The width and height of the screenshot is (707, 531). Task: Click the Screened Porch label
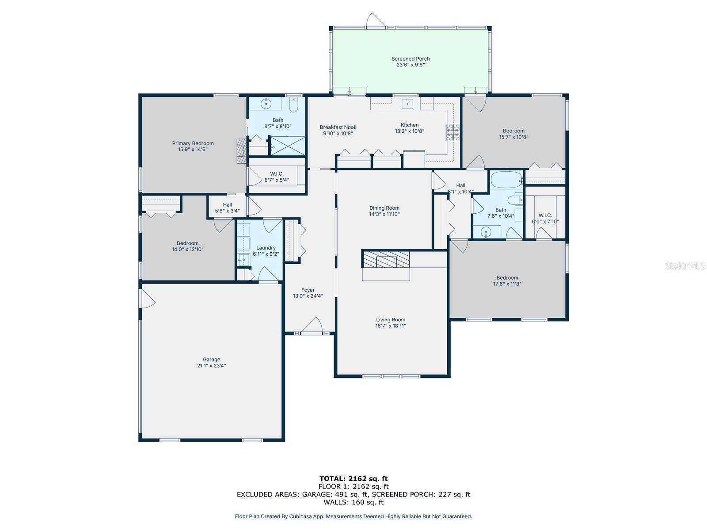(x=411, y=59)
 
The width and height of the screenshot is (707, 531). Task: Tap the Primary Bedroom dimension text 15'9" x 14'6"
(x=193, y=149)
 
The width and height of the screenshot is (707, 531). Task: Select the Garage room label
(x=212, y=359)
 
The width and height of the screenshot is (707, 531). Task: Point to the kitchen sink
(x=407, y=104)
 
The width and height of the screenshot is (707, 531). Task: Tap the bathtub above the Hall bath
(x=506, y=180)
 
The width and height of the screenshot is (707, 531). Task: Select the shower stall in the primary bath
(x=287, y=146)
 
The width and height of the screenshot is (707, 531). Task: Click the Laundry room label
(x=266, y=248)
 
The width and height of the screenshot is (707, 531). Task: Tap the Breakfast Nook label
(x=338, y=127)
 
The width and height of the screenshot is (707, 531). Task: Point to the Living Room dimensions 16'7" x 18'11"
(x=390, y=326)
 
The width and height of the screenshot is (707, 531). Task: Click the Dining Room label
(x=384, y=208)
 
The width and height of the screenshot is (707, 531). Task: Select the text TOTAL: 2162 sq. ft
(x=353, y=479)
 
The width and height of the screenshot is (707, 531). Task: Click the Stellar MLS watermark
(x=685, y=265)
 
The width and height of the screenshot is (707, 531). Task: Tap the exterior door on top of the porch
(x=376, y=20)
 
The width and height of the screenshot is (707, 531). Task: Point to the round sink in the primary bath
(x=266, y=104)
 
